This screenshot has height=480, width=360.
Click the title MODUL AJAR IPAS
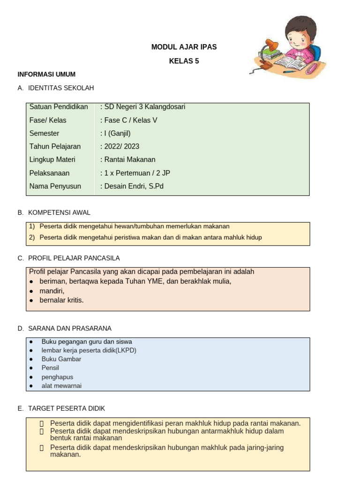(184, 47)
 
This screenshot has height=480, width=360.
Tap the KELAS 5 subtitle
(184, 61)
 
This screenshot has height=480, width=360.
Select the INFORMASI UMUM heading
(46, 75)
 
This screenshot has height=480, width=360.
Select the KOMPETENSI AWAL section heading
(59, 213)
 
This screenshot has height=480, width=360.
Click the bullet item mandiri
(52, 291)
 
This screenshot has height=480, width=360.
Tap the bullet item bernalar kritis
(61, 300)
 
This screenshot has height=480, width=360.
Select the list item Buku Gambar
(61, 359)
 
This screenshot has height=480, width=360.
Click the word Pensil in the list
(50, 368)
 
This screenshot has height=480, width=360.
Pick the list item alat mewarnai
(61, 386)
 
